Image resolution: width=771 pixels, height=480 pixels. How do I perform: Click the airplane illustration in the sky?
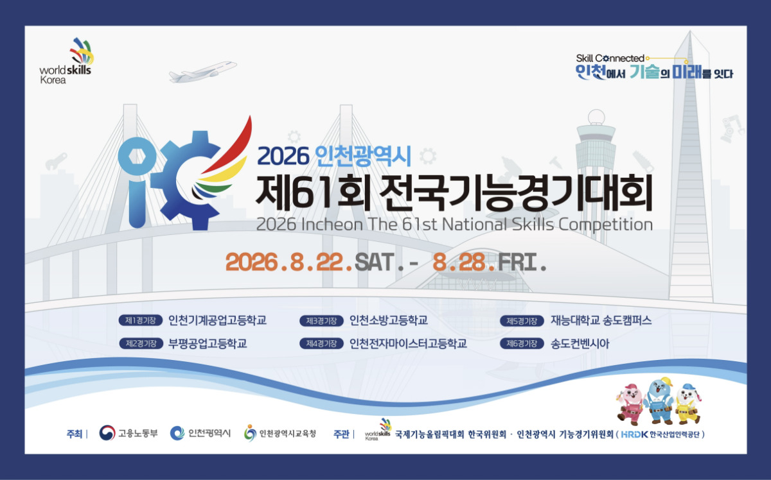[x=202, y=71]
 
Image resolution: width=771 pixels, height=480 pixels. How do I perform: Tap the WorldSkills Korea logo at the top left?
[x=66, y=61]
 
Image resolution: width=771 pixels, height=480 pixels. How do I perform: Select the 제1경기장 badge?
[x=141, y=320]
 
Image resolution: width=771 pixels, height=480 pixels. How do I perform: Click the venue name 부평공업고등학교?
[x=208, y=343]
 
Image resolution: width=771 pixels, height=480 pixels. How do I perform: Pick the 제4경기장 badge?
[x=321, y=343]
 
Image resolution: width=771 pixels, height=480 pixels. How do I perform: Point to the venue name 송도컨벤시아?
[x=580, y=343]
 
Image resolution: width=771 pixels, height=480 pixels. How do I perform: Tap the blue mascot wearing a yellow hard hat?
[x=659, y=400]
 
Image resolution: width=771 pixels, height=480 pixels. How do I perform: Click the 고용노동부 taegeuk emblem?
[x=107, y=433]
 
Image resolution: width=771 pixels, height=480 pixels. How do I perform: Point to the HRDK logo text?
[x=635, y=434]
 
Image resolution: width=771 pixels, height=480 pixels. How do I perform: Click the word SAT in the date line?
[x=375, y=262]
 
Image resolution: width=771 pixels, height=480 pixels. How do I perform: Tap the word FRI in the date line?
[x=518, y=262]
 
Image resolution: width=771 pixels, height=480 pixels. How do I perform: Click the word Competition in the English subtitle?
[x=605, y=225]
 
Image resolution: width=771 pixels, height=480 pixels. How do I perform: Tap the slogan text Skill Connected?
[x=610, y=58]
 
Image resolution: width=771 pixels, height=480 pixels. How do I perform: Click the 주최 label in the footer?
[x=75, y=434]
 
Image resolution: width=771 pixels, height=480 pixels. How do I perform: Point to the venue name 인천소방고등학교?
[x=389, y=320]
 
